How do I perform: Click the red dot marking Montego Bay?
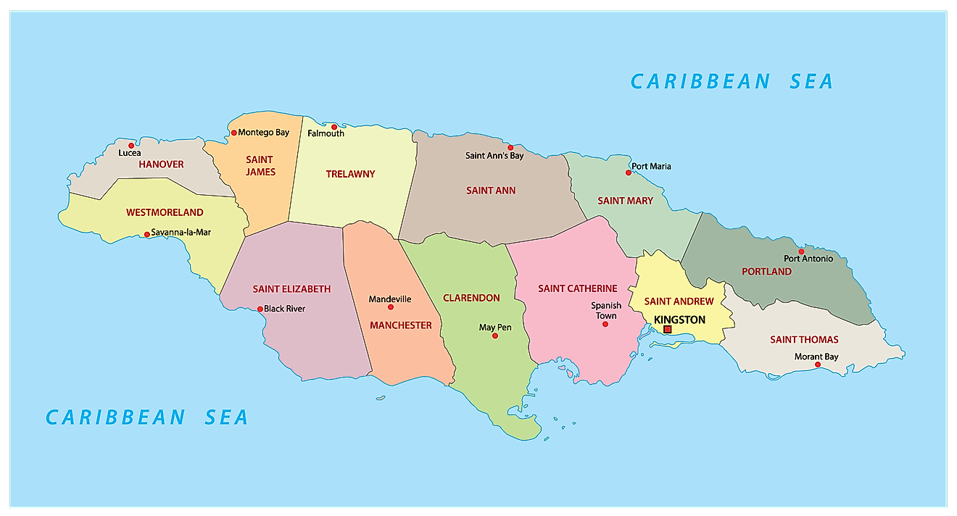[233, 133]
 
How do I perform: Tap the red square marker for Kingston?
[667, 329]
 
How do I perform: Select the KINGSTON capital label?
[679, 320]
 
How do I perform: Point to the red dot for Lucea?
[131, 146]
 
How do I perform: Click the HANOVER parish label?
[161, 165]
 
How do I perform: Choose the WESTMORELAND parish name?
[165, 212]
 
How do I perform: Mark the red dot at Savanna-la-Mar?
[146, 234]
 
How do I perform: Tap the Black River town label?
[284, 309]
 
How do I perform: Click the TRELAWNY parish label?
[350, 174]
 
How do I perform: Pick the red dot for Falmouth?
[334, 127]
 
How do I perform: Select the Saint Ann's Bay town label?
[494, 156]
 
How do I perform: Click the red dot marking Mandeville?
[391, 307]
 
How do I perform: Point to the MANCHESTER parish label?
[400, 325]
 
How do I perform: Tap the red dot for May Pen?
[495, 336]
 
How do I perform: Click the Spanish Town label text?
[606, 310]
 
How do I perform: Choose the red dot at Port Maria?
[629, 172]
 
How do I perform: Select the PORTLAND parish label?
[766, 271]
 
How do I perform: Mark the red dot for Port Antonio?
[801, 251]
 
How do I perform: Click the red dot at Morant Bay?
[818, 365]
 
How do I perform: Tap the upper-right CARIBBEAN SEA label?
[732, 81]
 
